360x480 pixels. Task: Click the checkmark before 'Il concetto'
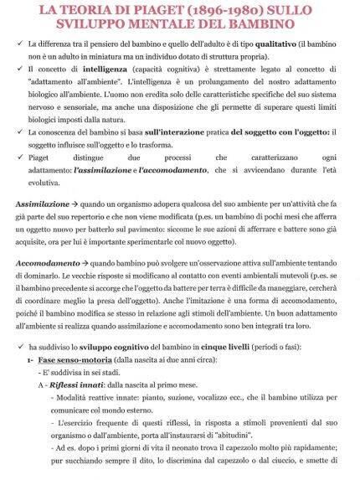point(18,67)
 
